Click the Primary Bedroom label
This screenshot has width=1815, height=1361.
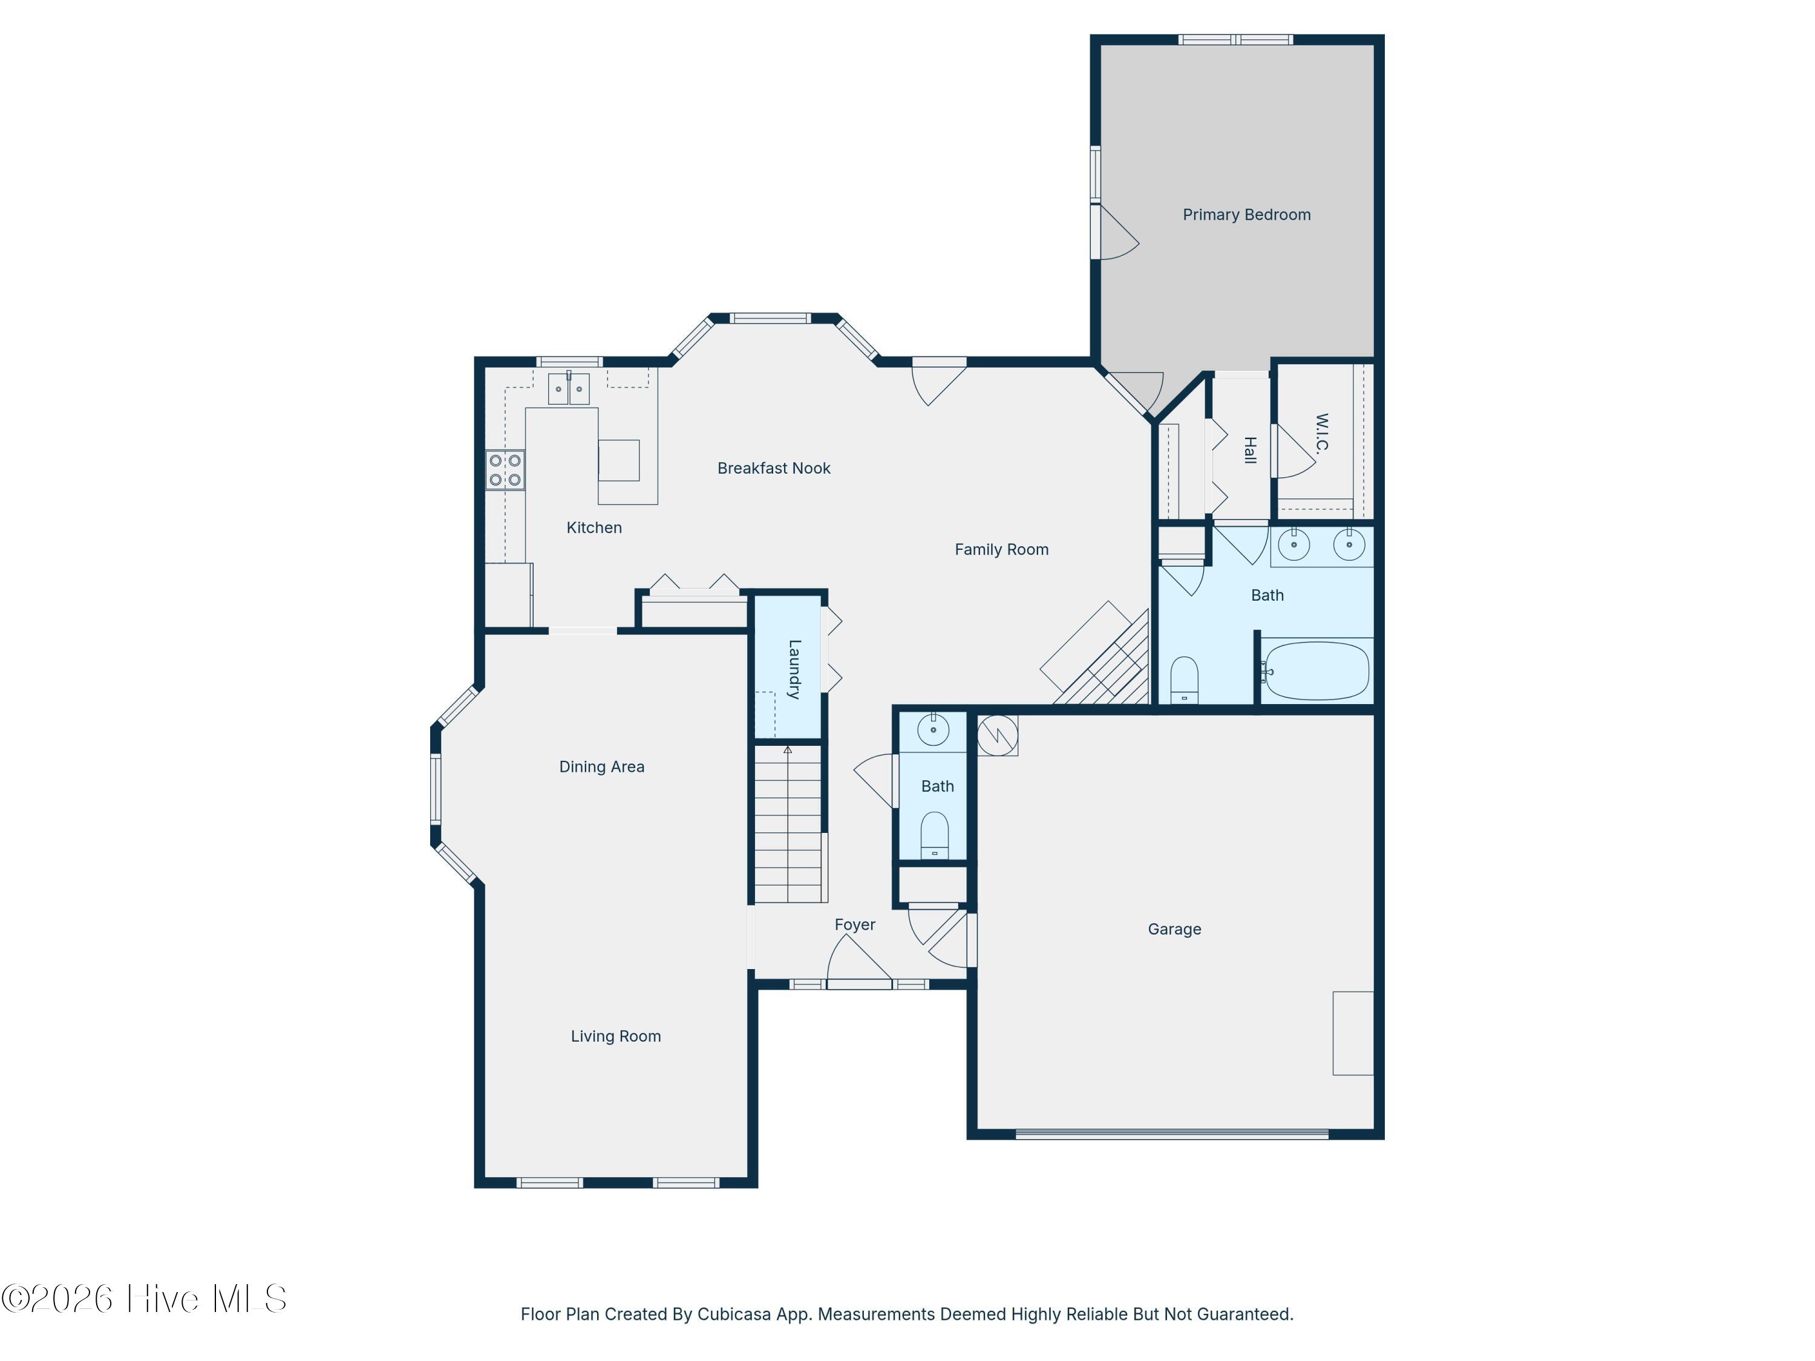[1246, 215]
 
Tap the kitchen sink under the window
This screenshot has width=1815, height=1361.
[569, 389]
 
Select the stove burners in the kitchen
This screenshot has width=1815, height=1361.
[505, 470]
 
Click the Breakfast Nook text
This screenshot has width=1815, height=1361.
[774, 468]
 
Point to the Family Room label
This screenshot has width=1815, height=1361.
[1001, 550]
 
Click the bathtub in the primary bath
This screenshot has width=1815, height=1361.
[1315, 671]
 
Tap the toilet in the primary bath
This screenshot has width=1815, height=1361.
[1184, 679]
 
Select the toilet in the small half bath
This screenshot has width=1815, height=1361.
[935, 834]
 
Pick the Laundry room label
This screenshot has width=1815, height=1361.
[793, 668]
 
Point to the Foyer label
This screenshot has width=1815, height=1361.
[855, 924]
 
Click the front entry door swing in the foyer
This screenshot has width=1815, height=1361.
[857, 962]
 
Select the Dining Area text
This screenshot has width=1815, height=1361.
[601, 767]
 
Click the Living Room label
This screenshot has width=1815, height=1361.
[615, 1036]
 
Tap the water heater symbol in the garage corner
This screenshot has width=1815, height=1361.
[998, 735]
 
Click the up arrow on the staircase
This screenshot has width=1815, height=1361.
[788, 750]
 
